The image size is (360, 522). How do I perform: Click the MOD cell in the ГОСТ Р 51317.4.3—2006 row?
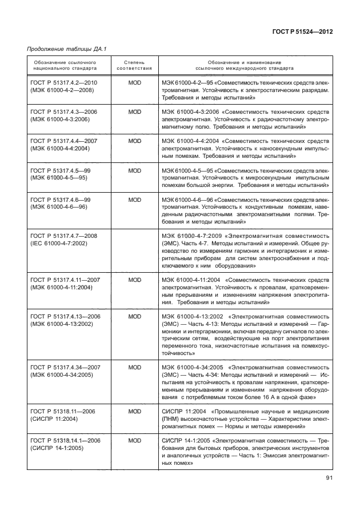click(x=134, y=111)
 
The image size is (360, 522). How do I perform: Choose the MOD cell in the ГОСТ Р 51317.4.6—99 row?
click(x=134, y=198)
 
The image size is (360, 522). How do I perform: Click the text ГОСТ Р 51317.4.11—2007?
click(x=66, y=279)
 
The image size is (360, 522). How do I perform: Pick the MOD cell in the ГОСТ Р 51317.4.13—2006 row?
click(x=134, y=316)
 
